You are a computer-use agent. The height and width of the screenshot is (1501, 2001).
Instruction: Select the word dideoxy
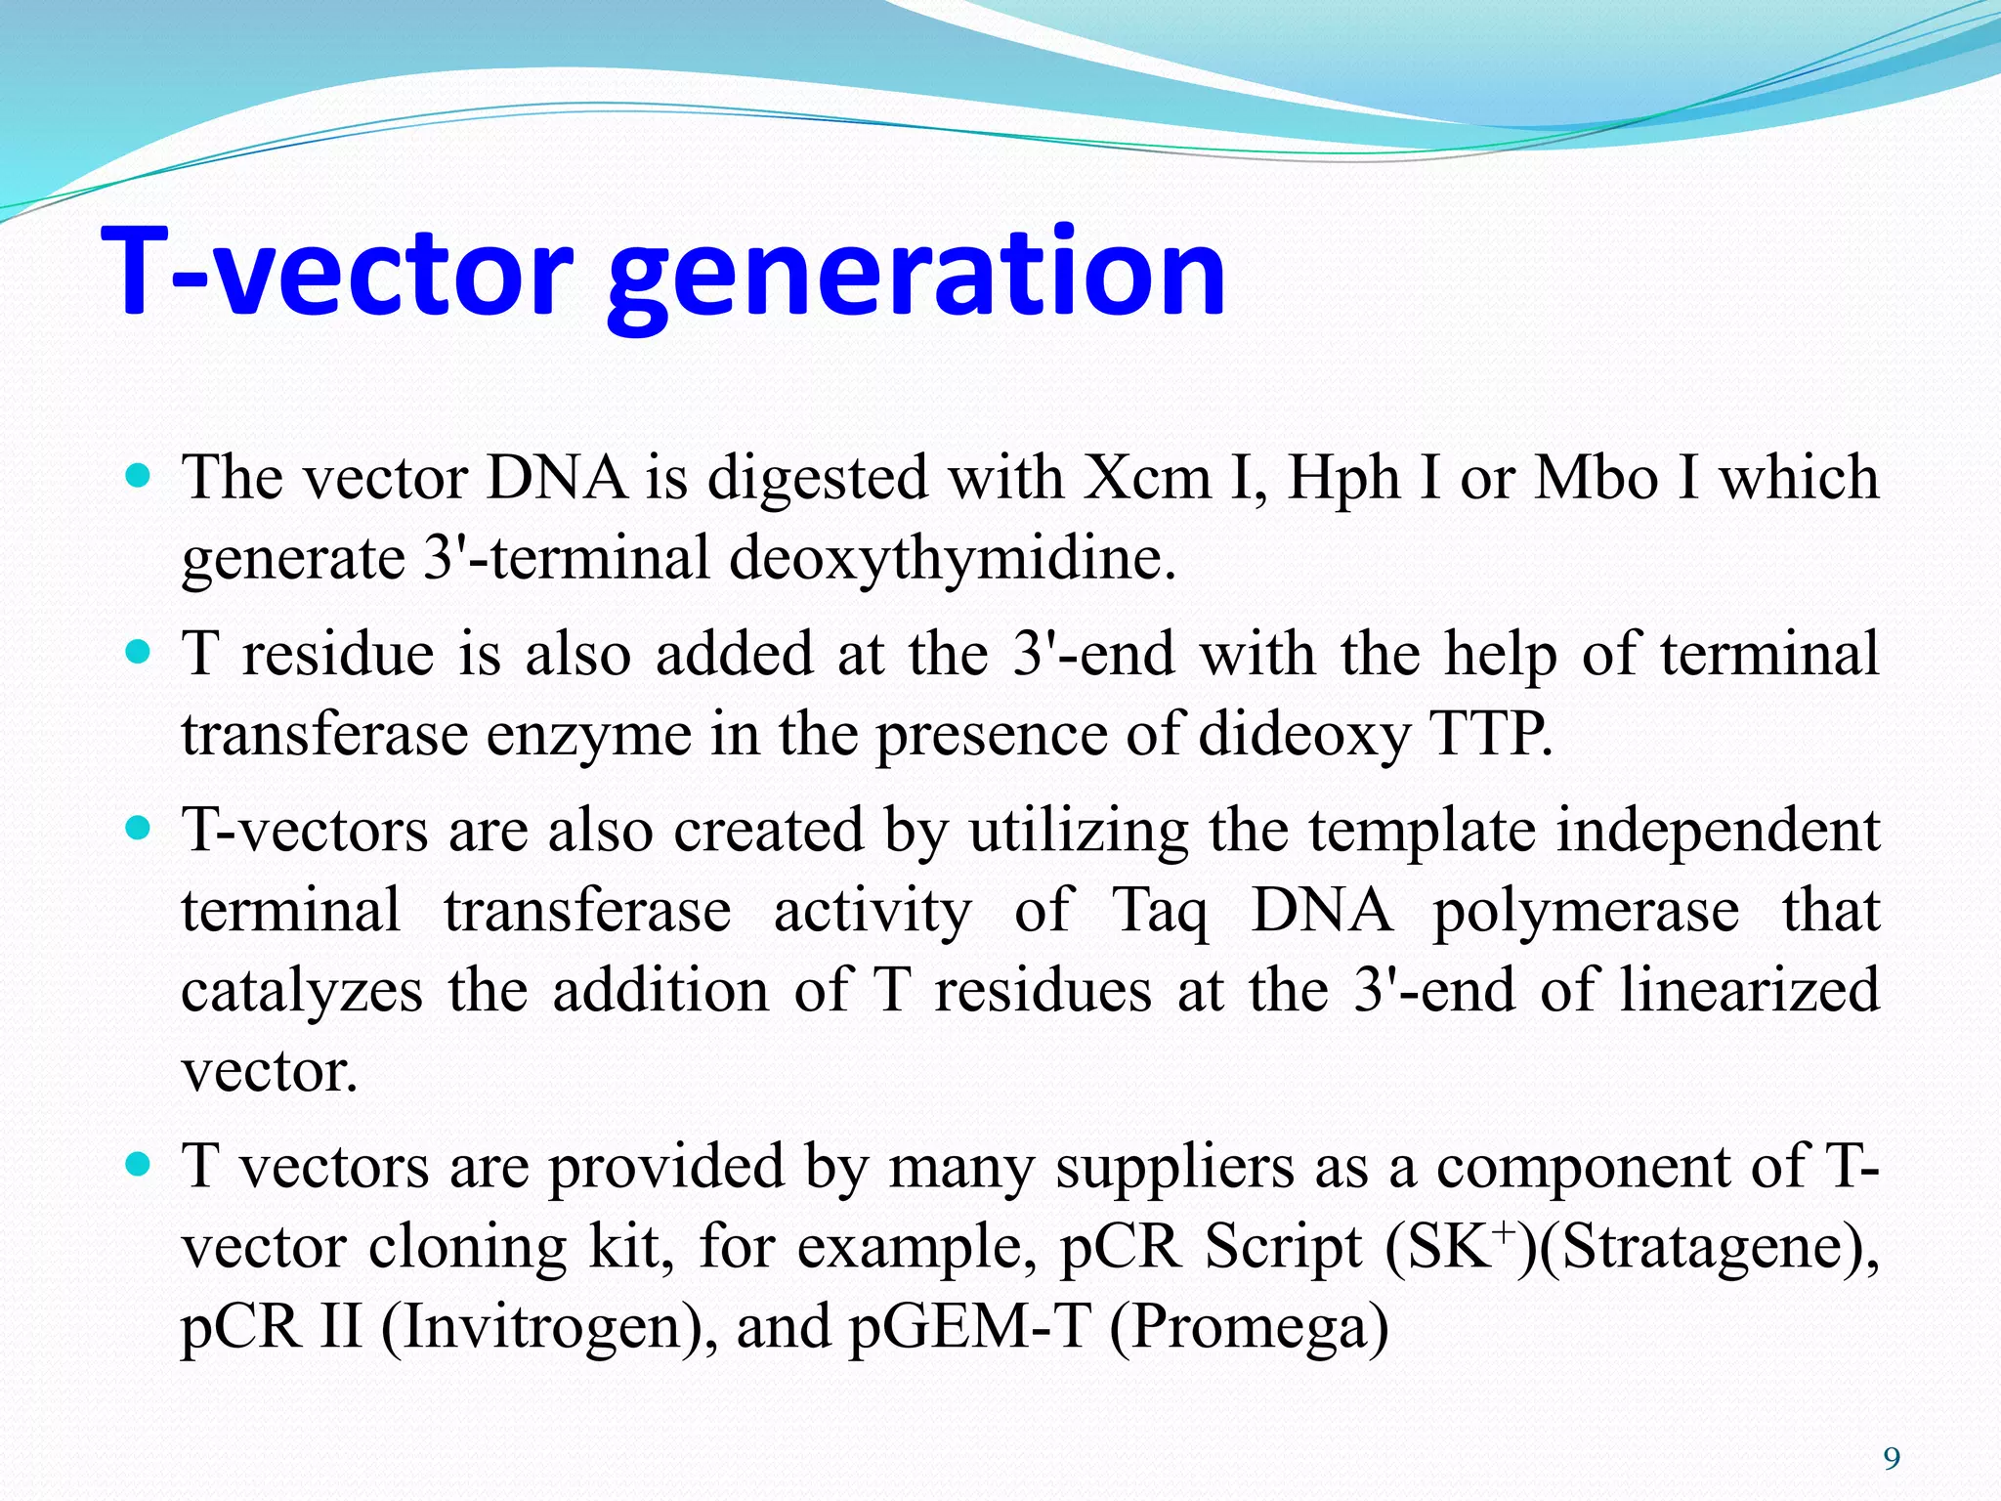pos(1303,736)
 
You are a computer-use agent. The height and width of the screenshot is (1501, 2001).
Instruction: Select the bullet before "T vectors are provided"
pos(140,1164)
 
